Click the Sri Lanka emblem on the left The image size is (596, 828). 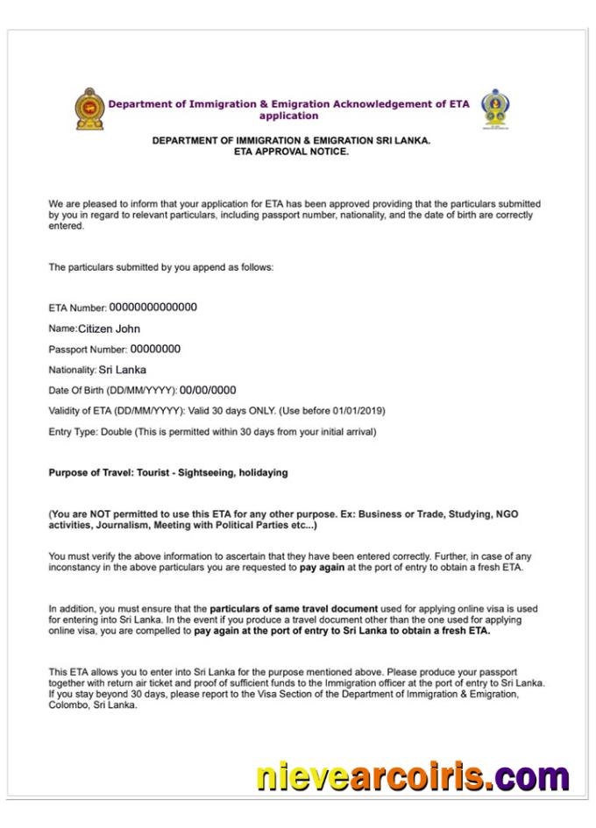[x=89, y=109]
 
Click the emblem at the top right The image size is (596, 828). [x=495, y=109]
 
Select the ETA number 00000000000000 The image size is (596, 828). [x=153, y=308]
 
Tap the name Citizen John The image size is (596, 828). [x=109, y=329]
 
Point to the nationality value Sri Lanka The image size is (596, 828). [x=123, y=370]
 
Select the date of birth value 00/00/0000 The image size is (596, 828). [x=208, y=390]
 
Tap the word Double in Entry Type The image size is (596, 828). [x=116, y=432]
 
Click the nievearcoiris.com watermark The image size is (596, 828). [x=413, y=776]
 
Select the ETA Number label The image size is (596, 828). [x=77, y=308]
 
